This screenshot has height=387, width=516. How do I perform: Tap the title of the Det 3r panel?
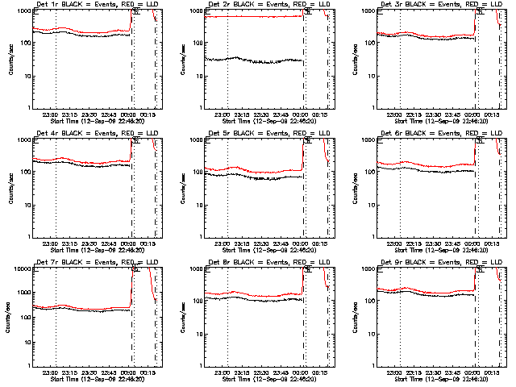point(431,5)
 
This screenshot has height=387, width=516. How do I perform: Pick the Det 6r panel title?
point(431,134)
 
